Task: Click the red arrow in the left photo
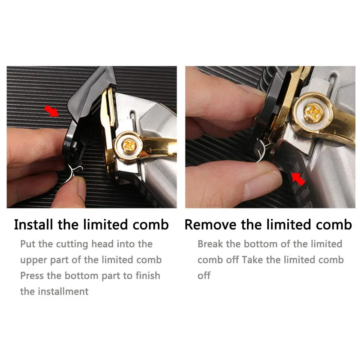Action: click(51, 111)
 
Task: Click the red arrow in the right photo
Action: click(298, 179)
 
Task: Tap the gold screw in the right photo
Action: click(314, 112)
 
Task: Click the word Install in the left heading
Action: click(33, 225)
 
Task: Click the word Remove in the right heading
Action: click(210, 225)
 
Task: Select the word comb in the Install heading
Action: click(150, 225)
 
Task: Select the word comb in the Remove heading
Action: click(334, 225)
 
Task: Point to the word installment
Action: click(63, 292)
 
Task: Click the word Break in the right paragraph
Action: click(210, 244)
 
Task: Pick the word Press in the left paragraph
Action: click(32, 275)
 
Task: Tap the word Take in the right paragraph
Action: click(252, 260)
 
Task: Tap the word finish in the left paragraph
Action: click(148, 275)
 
